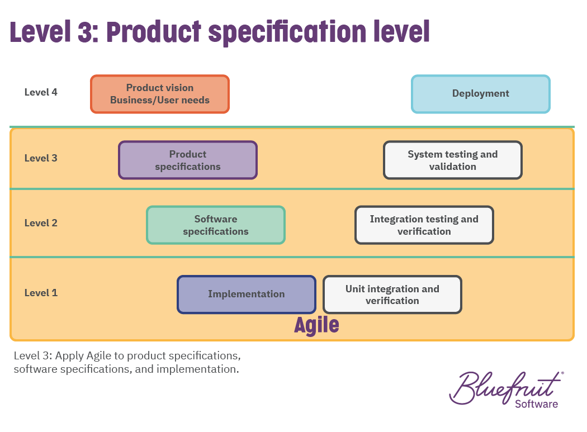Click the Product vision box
[x=160, y=94]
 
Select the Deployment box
[x=481, y=94]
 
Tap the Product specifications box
[x=188, y=160]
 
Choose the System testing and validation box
[x=453, y=160]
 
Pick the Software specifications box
[x=216, y=225]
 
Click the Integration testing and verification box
[x=424, y=225]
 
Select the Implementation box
[x=247, y=295]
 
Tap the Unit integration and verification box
[x=392, y=295]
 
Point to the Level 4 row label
[x=41, y=92]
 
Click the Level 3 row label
[x=41, y=158]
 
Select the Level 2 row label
[x=41, y=223]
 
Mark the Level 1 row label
[x=41, y=293]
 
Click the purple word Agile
[x=317, y=325]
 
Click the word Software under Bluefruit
[x=537, y=404]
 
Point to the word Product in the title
[x=154, y=32]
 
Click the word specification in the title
[x=287, y=33]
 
